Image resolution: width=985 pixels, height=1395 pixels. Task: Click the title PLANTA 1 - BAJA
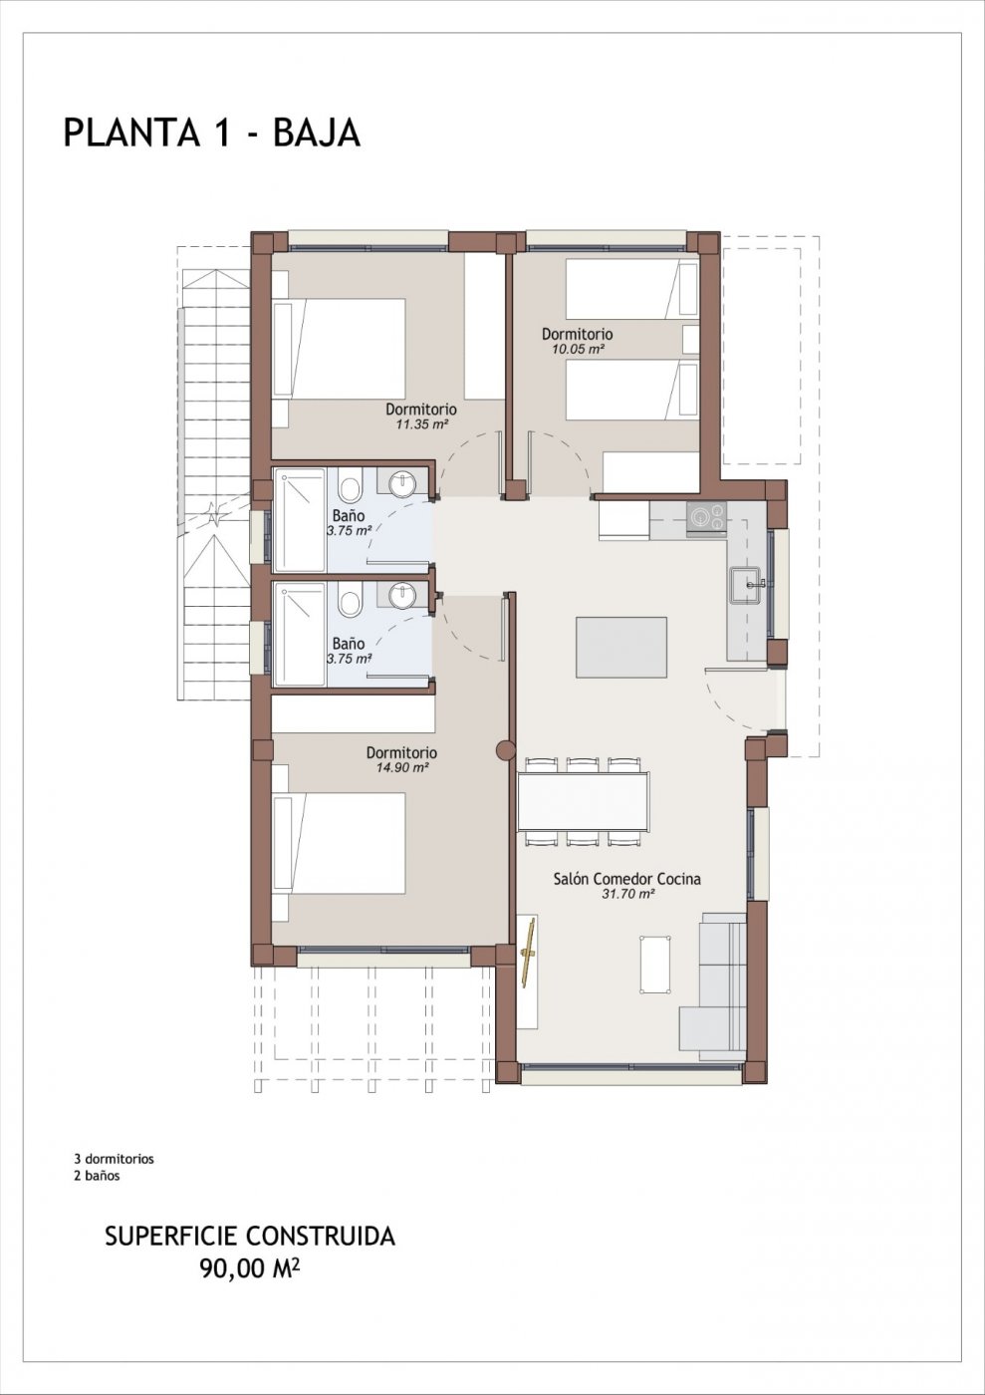coord(211,133)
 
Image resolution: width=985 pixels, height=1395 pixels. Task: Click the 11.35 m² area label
coord(420,423)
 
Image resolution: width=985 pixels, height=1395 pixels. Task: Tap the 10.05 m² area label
coord(577,349)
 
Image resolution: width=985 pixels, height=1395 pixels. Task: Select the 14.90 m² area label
coord(400,768)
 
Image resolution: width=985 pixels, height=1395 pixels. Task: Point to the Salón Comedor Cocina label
coord(626,879)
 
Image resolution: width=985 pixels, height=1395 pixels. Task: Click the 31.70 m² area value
coord(627,895)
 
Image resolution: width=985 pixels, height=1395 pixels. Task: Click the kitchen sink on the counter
coord(746,585)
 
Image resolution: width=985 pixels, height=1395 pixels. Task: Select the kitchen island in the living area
coord(621,647)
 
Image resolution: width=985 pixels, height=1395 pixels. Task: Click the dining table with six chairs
coord(583,802)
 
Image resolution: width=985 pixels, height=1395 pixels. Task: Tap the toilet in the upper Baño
coord(350,489)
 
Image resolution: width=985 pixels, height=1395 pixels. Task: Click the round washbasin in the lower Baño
coord(402,597)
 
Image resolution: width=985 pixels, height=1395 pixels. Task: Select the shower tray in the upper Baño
coord(300,519)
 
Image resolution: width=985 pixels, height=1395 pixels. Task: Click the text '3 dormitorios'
coord(114,1159)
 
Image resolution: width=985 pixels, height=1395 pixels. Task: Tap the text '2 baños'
coord(97,1176)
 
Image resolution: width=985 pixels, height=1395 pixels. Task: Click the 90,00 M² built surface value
coord(250,1267)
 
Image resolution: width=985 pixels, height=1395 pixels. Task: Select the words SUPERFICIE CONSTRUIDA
coord(250,1237)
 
